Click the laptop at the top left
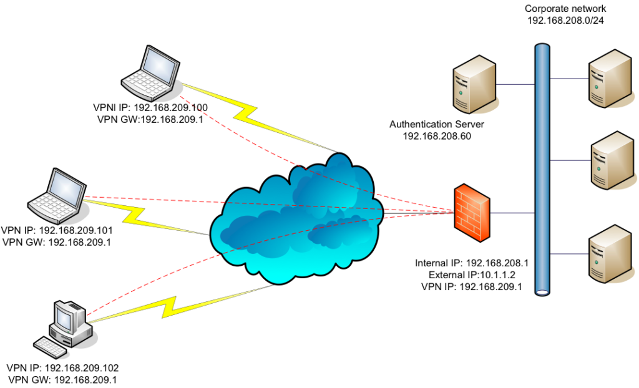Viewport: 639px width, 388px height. coord(151,74)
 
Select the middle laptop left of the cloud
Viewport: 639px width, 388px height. coord(57,197)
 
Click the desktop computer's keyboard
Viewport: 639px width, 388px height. coord(51,347)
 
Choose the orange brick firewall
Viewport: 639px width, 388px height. coord(471,212)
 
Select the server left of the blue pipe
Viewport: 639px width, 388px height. coord(475,84)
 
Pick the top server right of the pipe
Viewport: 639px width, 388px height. coord(610,79)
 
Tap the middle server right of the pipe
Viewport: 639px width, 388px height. coord(612,160)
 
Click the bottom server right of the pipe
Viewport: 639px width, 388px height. coord(610,254)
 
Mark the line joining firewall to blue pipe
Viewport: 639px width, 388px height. coord(512,213)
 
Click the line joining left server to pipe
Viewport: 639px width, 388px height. coord(515,84)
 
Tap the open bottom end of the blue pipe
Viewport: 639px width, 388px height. coord(542,291)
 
